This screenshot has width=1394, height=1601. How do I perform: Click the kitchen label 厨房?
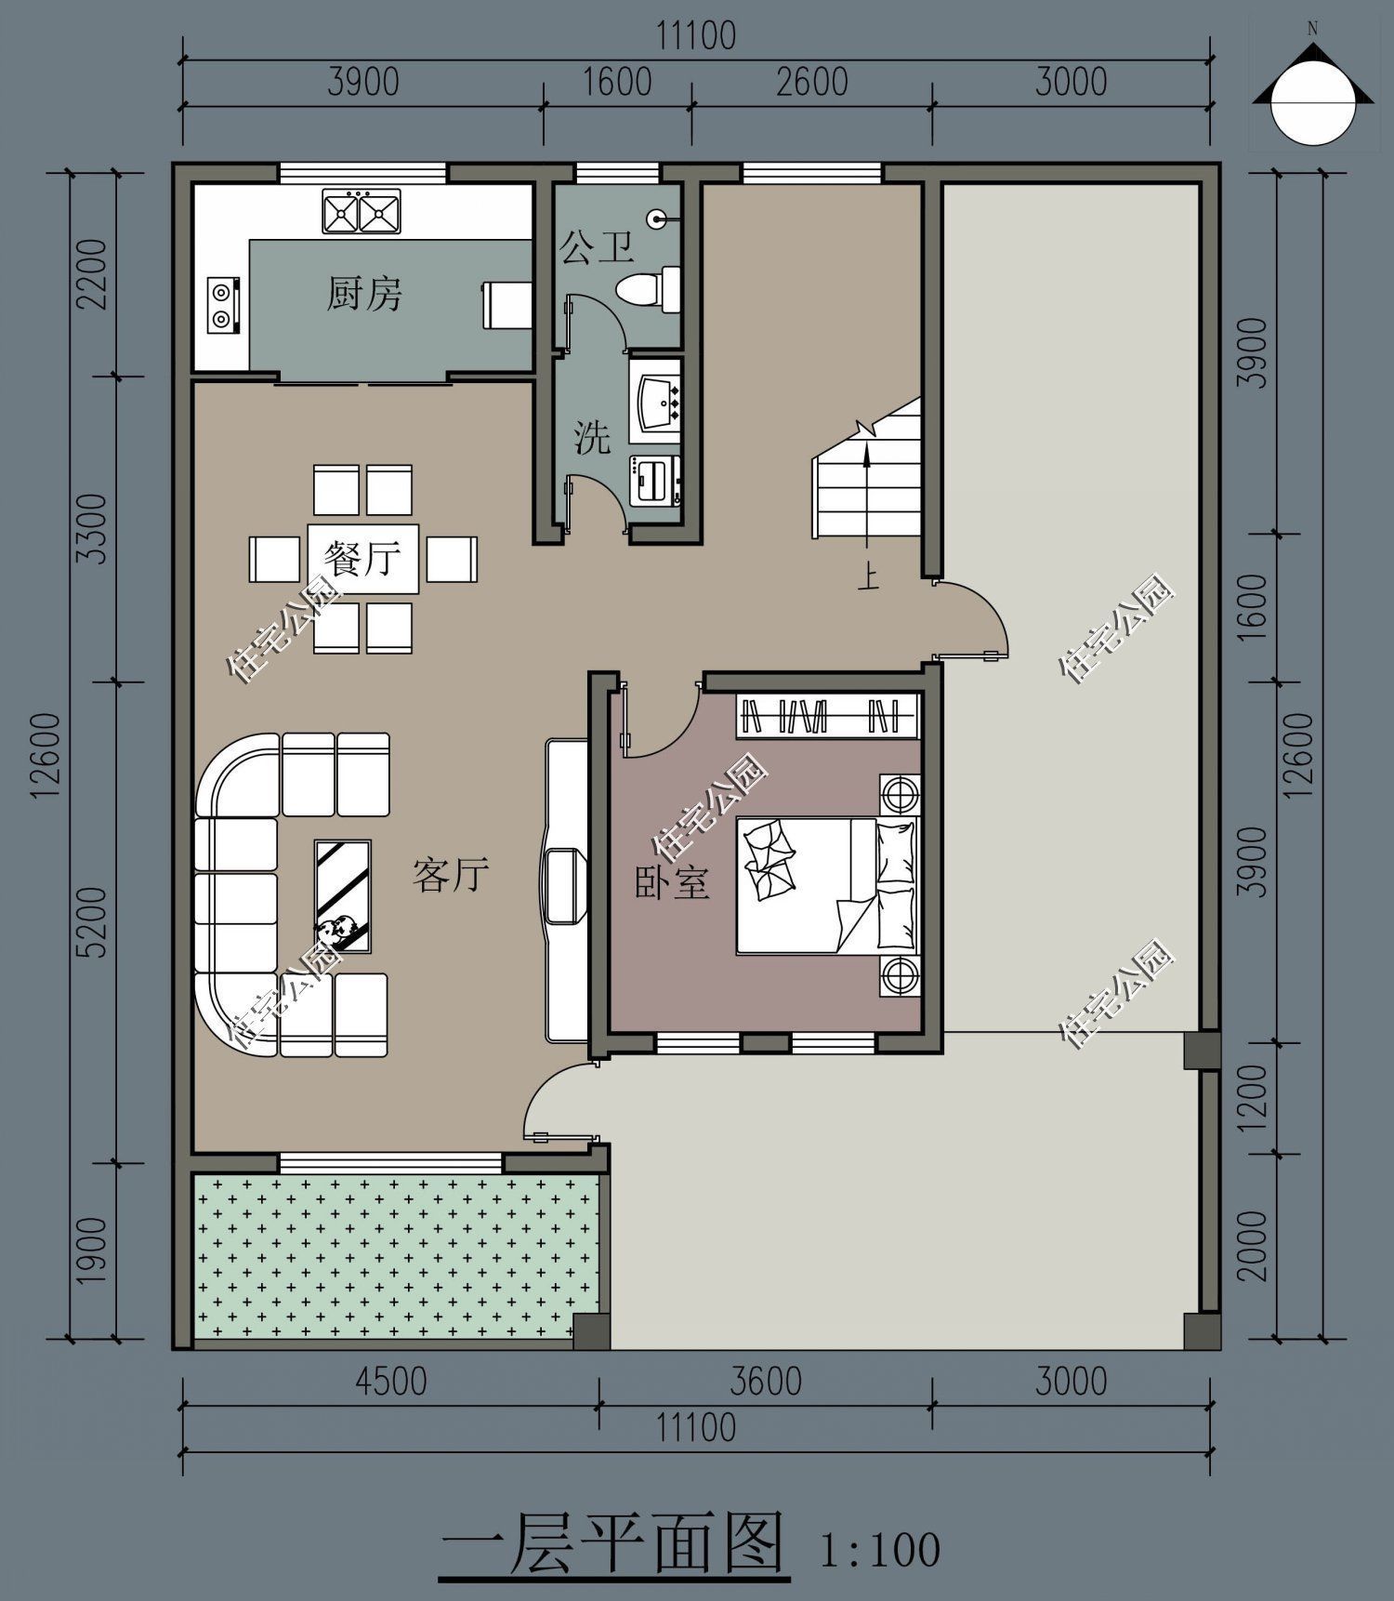pyautogui.click(x=363, y=295)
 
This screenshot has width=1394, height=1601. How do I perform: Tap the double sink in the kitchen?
pyautogui.click(x=361, y=212)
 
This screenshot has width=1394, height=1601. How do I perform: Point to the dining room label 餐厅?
pyautogui.click(x=362, y=560)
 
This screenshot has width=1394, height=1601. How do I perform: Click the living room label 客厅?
pyautogui.click(x=450, y=875)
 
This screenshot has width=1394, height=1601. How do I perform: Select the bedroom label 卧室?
pyautogui.click(x=672, y=883)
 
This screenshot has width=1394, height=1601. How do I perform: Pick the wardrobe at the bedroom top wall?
pyautogui.click(x=827, y=716)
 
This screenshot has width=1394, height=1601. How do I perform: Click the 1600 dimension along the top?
pyautogui.click(x=617, y=82)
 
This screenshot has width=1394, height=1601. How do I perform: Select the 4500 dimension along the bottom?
pyautogui.click(x=391, y=1382)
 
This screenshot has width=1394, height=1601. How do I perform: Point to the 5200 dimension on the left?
pyautogui.click(x=93, y=921)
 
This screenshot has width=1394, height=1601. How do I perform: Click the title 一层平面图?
pyautogui.click(x=612, y=1543)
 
